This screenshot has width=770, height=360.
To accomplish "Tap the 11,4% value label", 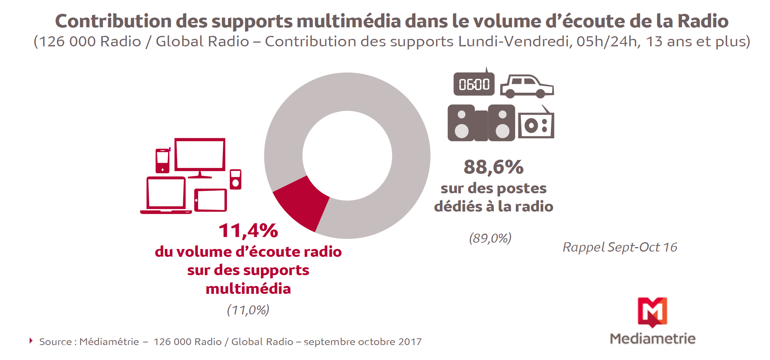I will [x=248, y=231].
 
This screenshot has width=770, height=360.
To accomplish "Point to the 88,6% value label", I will [x=493, y=167].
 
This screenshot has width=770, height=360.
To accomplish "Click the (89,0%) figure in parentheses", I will [x=490, y=238].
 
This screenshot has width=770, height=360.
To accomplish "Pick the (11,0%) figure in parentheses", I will [x=248, y=310].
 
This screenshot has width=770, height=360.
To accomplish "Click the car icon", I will [x=527, y=86].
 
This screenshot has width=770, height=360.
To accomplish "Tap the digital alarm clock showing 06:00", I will [x=474, y=84].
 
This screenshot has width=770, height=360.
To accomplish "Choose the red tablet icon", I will [x=210, y=200].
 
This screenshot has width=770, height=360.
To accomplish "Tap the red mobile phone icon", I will [x=163, y=161].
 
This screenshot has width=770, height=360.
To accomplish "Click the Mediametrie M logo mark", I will [x=652, y=312].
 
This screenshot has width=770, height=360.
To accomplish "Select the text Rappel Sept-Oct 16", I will [x=620, y=247].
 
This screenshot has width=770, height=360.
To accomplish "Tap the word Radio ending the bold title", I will [x=703, y=21].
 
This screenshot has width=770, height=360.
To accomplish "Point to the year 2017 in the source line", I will [x=410, y=342].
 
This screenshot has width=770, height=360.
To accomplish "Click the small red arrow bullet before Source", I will [x=31, y=341].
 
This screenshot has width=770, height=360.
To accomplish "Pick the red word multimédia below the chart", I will [x=248, y=289].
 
